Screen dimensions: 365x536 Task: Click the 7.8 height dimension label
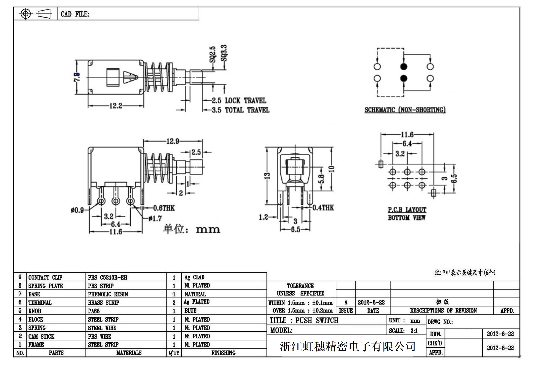77,77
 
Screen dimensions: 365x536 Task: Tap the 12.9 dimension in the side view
173,141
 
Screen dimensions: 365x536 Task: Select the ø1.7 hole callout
155,218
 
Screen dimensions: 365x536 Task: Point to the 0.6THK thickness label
164,208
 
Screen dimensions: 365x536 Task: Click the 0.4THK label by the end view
323,208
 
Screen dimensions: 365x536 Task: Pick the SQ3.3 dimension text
224,53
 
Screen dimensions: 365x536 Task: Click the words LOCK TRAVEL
246,101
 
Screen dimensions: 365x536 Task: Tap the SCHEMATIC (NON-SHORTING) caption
405,110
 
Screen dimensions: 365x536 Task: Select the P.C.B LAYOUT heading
407,210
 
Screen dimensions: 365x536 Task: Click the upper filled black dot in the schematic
404,67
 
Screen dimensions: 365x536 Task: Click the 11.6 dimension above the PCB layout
407,135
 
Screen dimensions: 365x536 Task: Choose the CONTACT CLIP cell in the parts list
45,277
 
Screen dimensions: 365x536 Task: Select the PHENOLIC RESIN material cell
108,294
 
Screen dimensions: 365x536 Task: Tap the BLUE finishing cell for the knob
190,311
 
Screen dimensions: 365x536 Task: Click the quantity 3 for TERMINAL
174,303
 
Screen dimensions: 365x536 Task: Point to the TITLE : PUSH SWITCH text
304,320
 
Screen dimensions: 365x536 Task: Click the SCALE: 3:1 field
403,331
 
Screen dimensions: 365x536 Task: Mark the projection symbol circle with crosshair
25,14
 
